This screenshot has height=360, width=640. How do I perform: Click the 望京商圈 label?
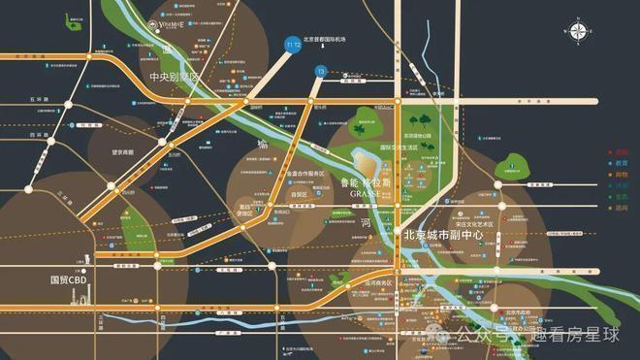click(x=128, y=152)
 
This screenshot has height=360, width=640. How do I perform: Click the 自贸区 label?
click(x=285, y=194)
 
